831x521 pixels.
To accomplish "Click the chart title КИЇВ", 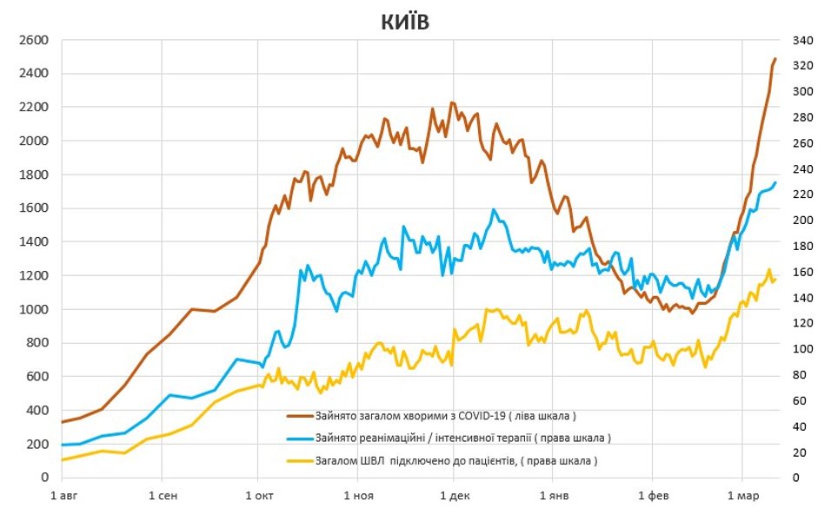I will (405, 23).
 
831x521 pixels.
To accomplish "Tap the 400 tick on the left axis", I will (37, 411).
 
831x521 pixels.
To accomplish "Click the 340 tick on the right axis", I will (801, 40).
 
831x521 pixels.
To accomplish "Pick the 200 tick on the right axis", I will (801, 221).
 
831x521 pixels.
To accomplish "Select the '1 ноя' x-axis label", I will (357, 496).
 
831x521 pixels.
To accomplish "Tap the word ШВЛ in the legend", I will (368, 459).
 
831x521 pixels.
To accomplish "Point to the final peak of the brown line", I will (774, 59).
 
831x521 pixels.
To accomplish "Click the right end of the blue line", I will (774, 182).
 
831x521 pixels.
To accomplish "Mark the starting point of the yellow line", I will (62, 459).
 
